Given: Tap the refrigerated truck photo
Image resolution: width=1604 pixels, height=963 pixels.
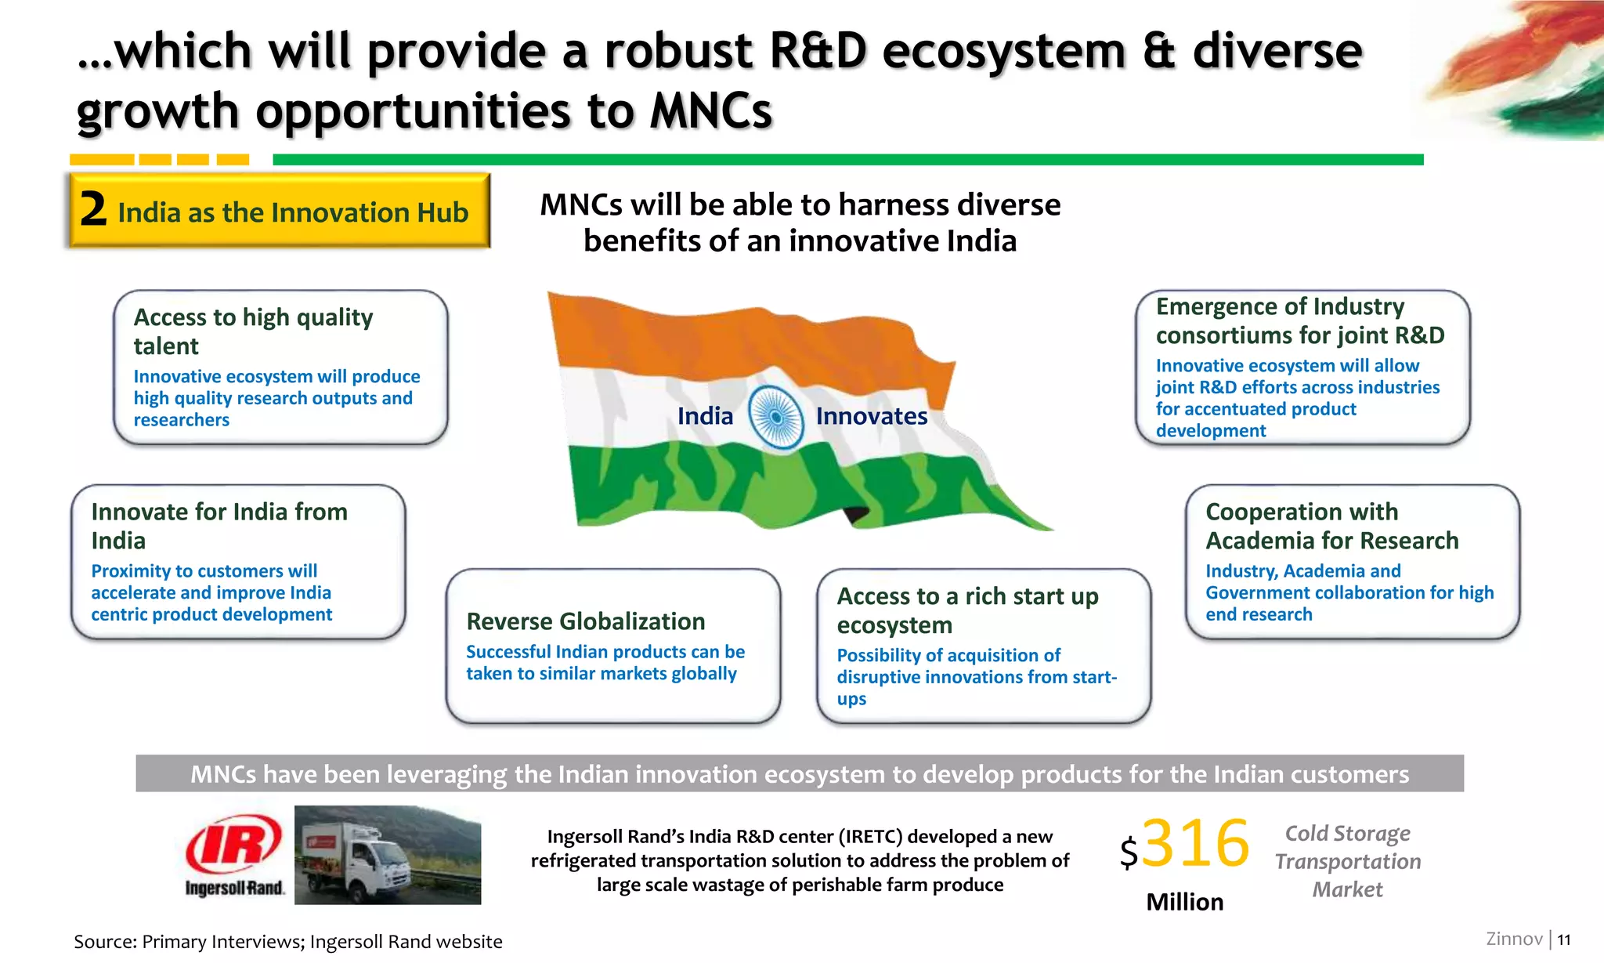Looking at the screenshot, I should point(388,855).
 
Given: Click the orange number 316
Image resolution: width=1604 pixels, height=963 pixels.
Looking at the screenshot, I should point(1195,843).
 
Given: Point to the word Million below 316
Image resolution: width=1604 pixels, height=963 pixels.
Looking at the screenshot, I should point(1184,902).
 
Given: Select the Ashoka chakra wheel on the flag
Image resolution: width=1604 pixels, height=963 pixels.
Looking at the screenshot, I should point(775,417).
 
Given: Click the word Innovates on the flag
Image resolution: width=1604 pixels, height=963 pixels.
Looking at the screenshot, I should point(871,416).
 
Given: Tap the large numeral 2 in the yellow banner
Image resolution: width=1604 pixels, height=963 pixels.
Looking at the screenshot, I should point(93,210).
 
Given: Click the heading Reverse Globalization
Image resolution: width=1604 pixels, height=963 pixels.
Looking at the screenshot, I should point(585,621).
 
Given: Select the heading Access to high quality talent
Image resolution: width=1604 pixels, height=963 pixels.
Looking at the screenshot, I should point(252,331).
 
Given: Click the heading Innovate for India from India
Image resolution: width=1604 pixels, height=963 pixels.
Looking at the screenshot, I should point(219,525).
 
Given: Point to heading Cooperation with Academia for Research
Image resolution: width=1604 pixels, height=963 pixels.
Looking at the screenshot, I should point(1331,525).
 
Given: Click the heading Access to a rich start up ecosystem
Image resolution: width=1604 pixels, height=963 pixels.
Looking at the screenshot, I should point(967,610).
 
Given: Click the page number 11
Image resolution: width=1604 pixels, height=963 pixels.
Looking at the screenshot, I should point(1563,939).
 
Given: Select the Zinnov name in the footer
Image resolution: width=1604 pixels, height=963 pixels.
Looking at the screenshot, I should point(1514,939).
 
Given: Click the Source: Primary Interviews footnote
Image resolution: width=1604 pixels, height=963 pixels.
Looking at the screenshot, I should point(287,941).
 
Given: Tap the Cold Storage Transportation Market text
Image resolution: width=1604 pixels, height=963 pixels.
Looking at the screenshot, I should point(1347,860).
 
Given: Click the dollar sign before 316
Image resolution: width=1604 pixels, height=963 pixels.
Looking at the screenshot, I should point(1128,852).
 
